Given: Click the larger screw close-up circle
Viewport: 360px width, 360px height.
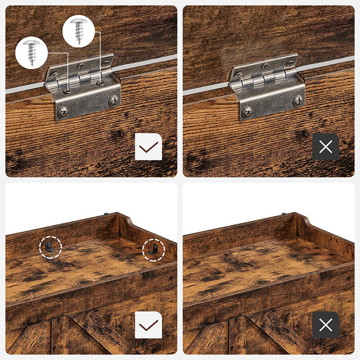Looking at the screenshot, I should [x=78, y=31].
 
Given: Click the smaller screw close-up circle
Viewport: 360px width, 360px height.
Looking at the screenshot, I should [x=31, y=52].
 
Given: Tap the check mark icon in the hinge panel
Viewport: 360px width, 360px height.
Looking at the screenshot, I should [x=149, y=147].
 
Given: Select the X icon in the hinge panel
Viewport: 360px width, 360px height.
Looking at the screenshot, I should [x=326, y=147].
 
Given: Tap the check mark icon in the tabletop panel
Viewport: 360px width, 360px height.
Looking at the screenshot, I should [x=149, y=325].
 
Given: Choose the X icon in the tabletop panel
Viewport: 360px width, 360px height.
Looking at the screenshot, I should [x=326, y=325].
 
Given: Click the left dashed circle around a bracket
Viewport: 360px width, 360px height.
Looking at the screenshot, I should [x=50, y=247].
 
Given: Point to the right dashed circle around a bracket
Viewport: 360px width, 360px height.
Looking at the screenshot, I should [x=153, y=249].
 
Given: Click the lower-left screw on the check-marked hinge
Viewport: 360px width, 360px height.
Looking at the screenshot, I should [x=63, y=112].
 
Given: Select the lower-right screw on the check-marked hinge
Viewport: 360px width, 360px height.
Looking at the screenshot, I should [x=113, y=101].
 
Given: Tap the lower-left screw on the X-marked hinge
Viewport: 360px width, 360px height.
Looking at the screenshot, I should [x=247, y=111].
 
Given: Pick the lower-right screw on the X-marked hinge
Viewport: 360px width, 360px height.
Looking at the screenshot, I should [x=297, y=100].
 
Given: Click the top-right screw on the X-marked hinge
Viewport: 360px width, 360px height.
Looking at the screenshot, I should [x=290, y=63].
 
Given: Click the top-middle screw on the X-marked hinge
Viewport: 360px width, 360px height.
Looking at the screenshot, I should [x=265, y=66].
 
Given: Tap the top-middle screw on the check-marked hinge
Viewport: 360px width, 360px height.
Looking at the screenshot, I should [x=81, y=67].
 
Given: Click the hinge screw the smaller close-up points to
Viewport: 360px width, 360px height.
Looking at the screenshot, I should [x=67, y=91].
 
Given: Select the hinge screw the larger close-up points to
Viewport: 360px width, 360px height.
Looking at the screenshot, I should [x=101, y=81].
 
